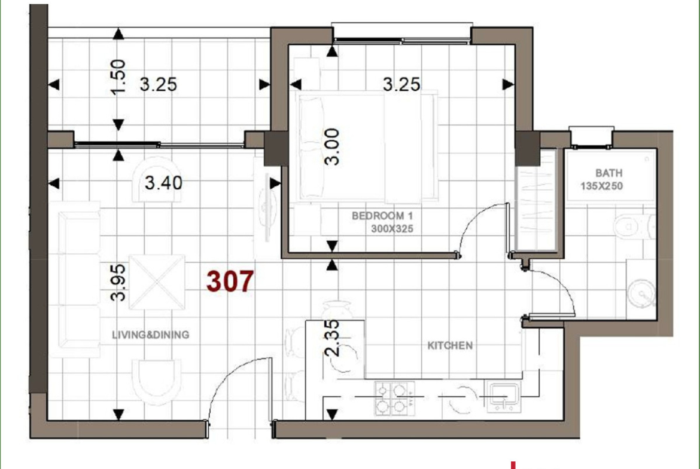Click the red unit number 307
coord(230,281)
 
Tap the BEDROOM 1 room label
coord(382,216)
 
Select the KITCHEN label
coord(450,345)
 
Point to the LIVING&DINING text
coord(150,335)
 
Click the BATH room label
coord(609,173)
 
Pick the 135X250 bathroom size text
coord(601,186)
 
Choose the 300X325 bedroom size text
coord(392,229)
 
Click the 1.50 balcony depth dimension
coord(118,77)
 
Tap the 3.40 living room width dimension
coord(163,183)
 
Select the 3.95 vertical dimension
coord(118,282)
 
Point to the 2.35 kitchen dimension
coord(333,338)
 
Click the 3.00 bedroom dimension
coord(333,146)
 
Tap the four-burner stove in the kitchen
coord(395,398)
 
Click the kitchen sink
coord(503,397)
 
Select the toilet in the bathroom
coord(634,226)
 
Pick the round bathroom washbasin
coord(641,293)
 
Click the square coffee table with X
coord(157,282)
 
